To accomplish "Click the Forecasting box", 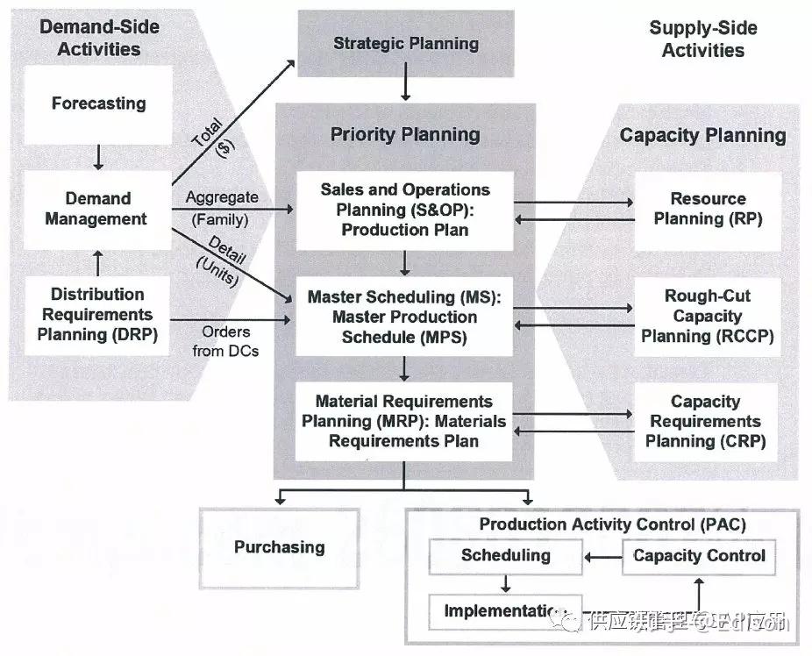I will click(97, 103).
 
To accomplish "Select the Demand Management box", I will click(97, 209).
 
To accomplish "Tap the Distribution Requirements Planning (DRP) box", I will click(97, 314).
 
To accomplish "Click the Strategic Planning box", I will click(405, 43).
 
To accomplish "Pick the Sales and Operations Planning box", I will click(404, 210).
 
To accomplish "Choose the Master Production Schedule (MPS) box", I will click(404, 317).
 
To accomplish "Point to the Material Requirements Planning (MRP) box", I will click(404, 421).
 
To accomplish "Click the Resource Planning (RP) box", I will click(707, 209).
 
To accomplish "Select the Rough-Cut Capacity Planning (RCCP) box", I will click(707, 316).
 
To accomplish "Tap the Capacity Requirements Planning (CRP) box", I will click(706, 421).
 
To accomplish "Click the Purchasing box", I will click(279, 547).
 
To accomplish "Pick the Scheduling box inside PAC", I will click(505, 555).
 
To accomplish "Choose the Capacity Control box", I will click(698, 555).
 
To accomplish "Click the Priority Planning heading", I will click(404, 134).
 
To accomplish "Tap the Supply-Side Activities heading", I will click(702, 39).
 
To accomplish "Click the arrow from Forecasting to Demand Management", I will click(98, 156).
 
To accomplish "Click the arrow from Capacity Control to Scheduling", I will click(602, 556).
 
